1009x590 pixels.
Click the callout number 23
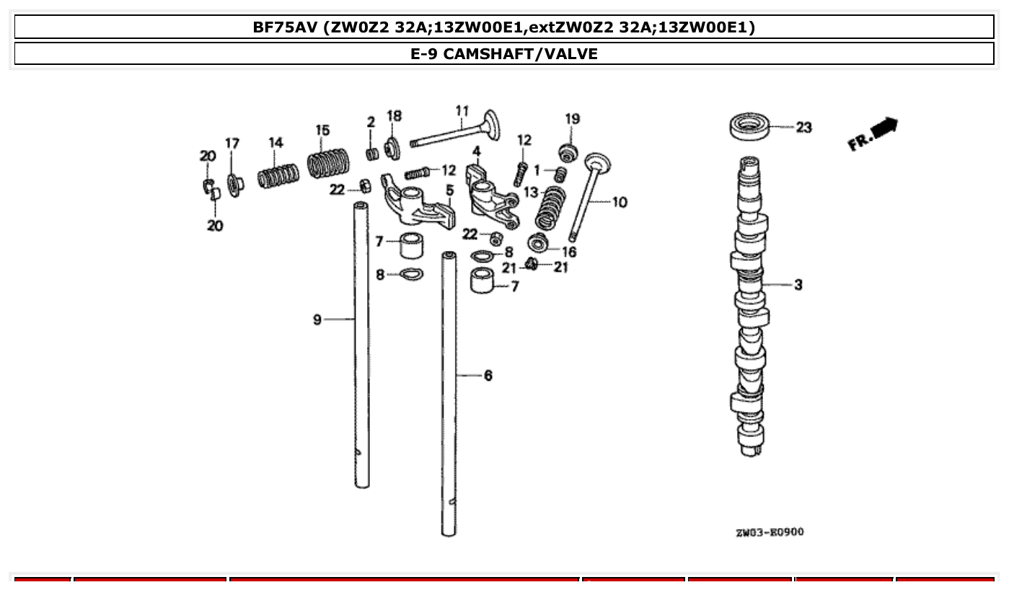click(x=803, y=128)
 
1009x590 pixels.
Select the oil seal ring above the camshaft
click(x=749, y=127)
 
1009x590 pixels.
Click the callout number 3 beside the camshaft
click(x=798, y=285)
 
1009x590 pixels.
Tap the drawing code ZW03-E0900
click(x=770, y=532)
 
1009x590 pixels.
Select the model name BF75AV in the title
click(x=285, y=27)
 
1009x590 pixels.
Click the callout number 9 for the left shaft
click(x=317, y=319)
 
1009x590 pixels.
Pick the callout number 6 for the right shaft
click(x=488, y=376)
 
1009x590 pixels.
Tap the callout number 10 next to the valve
click(x=620, y=203)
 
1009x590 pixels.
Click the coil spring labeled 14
click(x=278, y=176)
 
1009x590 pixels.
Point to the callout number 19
click(x=572, y=119)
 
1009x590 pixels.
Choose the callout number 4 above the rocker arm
click(x=477, y=151)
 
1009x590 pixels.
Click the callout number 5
click(x=449, y=190)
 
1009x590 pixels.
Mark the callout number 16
click(x=569, y=252)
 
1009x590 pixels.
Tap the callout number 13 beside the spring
click(x=531, y=193)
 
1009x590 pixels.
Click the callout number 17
click(x=232, y=144)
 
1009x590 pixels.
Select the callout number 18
click(x=394, y=116)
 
